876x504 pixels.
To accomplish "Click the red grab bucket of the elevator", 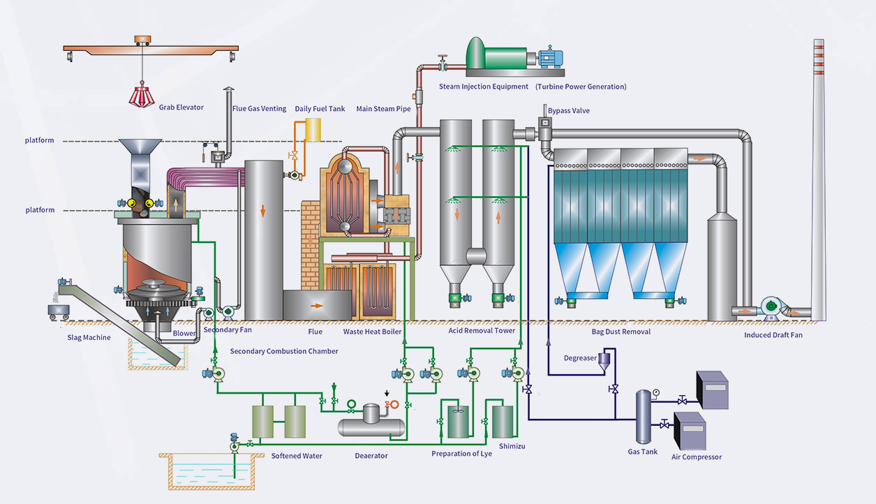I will tap(142, 96).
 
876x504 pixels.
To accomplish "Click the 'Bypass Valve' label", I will tap(568, 110).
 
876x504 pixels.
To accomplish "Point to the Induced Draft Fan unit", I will tap(772, 306).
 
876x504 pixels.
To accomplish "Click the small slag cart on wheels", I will tap(57, 311).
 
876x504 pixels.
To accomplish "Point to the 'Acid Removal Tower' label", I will tap(482, 331).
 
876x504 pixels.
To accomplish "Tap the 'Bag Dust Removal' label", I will tap(621, 332).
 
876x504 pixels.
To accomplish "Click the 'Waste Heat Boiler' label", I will tap(372, 332).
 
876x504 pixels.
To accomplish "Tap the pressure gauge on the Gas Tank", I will tap(656, 392).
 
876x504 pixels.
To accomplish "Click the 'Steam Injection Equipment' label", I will tap(483, 87).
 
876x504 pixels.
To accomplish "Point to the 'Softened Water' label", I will tap(297, 456).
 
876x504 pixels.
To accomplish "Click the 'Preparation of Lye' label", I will tap(461, 454).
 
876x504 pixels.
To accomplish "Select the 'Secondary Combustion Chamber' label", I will tap(283, 351).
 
